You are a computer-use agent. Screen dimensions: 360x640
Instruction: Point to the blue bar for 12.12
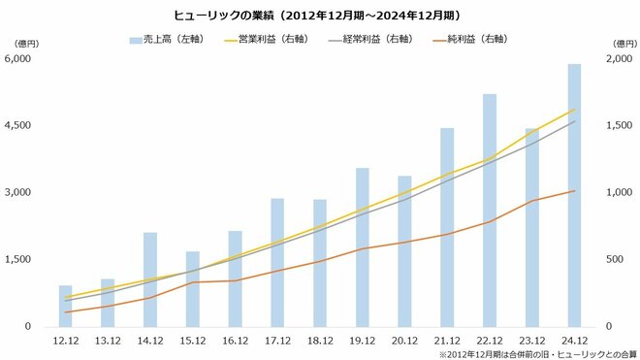click(x=65, y=307)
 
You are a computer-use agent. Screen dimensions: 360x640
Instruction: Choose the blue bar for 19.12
click(x=362, y=247)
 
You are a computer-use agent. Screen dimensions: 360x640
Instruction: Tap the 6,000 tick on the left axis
click(x=19, y=59)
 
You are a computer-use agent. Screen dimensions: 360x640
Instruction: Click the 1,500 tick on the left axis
click(x=19, y=260)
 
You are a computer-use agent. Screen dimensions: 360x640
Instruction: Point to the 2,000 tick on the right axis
click(x=617, y=59)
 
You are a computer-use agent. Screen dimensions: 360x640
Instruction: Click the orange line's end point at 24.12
click(x=574, y=191)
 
